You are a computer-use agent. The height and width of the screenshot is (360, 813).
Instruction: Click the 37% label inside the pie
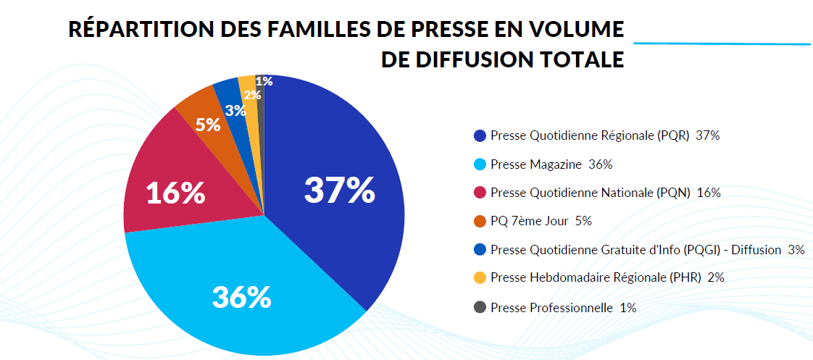[x=339, y=190]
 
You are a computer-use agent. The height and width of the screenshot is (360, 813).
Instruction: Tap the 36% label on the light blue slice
[x=241, y=297]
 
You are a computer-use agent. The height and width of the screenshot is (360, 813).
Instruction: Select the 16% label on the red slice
[x=175, y=193]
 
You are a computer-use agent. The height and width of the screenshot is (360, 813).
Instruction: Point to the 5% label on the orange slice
[x=208, y=125]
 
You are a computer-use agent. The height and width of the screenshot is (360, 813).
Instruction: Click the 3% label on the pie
[x=235, y=111]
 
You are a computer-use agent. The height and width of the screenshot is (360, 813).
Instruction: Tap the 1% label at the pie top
[x=264, y=81]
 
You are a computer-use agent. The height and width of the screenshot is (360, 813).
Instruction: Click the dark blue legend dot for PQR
[x=480, y=135]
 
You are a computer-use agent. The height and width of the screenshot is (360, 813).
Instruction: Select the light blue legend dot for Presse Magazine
[x=480, y=164]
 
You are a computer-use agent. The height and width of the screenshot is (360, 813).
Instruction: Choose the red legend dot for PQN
[x=480, y=193]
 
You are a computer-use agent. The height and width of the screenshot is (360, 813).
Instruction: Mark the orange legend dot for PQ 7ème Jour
[x=480, y=221]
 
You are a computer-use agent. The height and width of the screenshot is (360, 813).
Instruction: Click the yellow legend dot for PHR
[x=480, y=277]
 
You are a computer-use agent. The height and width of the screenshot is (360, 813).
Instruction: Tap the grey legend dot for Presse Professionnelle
[x=480, y=307]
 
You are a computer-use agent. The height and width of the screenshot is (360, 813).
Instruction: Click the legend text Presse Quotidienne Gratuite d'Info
[x=606, y=250]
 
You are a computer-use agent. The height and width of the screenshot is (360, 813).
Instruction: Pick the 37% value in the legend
[x=707, y=135]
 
